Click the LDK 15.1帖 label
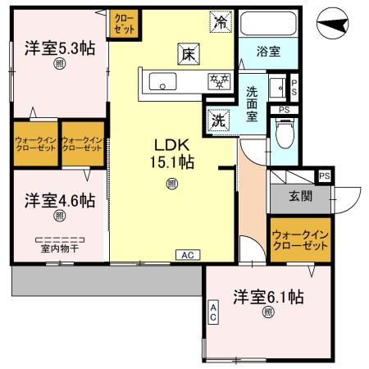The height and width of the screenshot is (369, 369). point(171,153)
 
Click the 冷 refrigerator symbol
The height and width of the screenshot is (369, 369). point(220,22)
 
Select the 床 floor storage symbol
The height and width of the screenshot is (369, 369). point(187,54)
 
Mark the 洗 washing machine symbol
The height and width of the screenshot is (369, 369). point(219,118)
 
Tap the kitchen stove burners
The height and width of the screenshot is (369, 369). point(218,80)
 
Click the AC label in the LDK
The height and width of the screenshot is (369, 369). point(187,255)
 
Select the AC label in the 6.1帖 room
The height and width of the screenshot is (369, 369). point(213,312)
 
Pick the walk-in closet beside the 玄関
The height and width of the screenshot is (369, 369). point(299,241)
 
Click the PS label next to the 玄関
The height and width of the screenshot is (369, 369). point(325,175)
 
